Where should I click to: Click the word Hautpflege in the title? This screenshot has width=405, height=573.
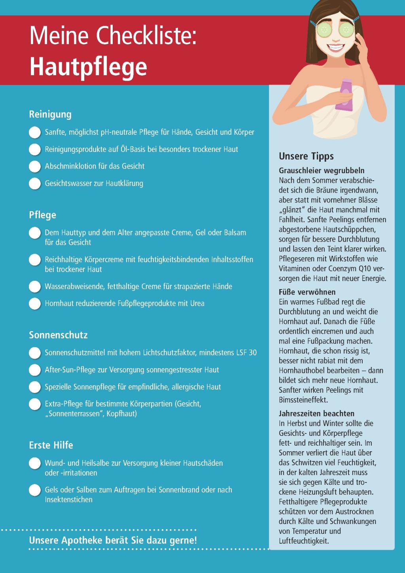pyautogui.click(x=88, y=66)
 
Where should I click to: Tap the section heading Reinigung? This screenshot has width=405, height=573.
pyautogui.click(x=50, y=114)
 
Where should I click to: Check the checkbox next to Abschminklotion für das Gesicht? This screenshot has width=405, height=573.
pyautogui.click(x=35, y=166)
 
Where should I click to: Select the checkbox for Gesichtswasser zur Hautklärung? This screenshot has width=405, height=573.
pyautogui.click(x=35, y=183)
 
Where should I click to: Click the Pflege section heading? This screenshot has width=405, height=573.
pyautogui.click(x=42, y=215)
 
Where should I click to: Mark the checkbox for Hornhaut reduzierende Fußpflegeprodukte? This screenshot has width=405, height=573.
pyautogui.click(x=35, y=304)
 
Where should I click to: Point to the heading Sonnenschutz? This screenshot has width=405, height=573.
pyautogui.click(x=58, y=335)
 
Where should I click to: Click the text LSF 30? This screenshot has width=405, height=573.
pyautogui.click(x=246, y=352)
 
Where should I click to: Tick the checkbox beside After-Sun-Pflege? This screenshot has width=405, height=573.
pyautogui.click(x=35, y=370)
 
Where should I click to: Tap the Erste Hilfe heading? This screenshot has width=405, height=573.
pyautogui.click(x=51, y=445)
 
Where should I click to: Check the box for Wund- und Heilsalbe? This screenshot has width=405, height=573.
pyautogui.click(x=35, y=463)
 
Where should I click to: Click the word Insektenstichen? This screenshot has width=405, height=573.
pyautogui.click(x=68, y=499)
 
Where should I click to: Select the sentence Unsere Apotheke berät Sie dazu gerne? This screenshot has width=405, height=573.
pyautogui.click(x=113, y=540)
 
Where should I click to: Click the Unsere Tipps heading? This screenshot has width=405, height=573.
pyautogui.click(x=306, y=156)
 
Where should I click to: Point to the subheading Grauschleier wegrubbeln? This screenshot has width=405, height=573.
pyautogui.click(x=322, y=171)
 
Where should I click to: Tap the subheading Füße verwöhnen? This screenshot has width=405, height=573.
pyautogui.click(x=307, y=292)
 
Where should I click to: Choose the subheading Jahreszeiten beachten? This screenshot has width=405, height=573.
pyautogui.click(x=316, y=414)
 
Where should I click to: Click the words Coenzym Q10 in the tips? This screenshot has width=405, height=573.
pyautogui.click(x=344, y=269)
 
